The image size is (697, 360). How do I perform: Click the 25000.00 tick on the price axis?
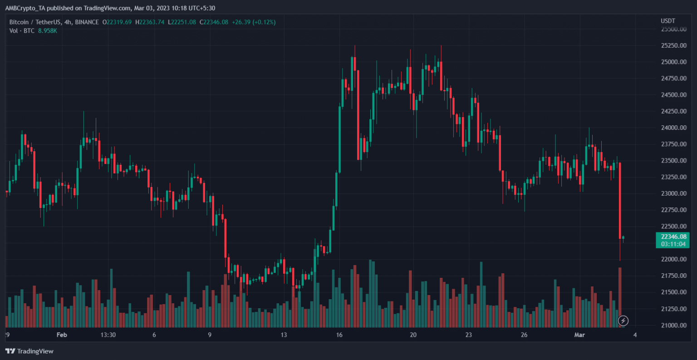pos(673,62)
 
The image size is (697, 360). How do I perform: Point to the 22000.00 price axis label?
pos(673,259)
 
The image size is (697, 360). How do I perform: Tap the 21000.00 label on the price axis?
pos(673,325)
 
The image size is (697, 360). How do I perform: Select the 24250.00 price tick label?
pos(673,111)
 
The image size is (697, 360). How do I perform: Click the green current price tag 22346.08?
pos(673,237)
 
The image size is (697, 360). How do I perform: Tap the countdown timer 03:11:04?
pos(673,244)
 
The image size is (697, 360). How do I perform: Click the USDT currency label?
pos(668,21)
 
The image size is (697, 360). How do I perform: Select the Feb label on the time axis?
pos(62,335)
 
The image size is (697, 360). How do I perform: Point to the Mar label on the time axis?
pos(579,335)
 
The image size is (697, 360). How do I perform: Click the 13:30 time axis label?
pos(108,335)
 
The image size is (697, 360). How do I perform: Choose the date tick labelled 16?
pos(339,335)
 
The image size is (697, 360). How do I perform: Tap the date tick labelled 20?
pos(413,335)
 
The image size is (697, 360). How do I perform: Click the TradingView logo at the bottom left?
pos(29,351)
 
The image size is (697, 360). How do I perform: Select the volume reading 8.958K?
pos(47,31)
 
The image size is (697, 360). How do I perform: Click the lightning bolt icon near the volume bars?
pos(623,321)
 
